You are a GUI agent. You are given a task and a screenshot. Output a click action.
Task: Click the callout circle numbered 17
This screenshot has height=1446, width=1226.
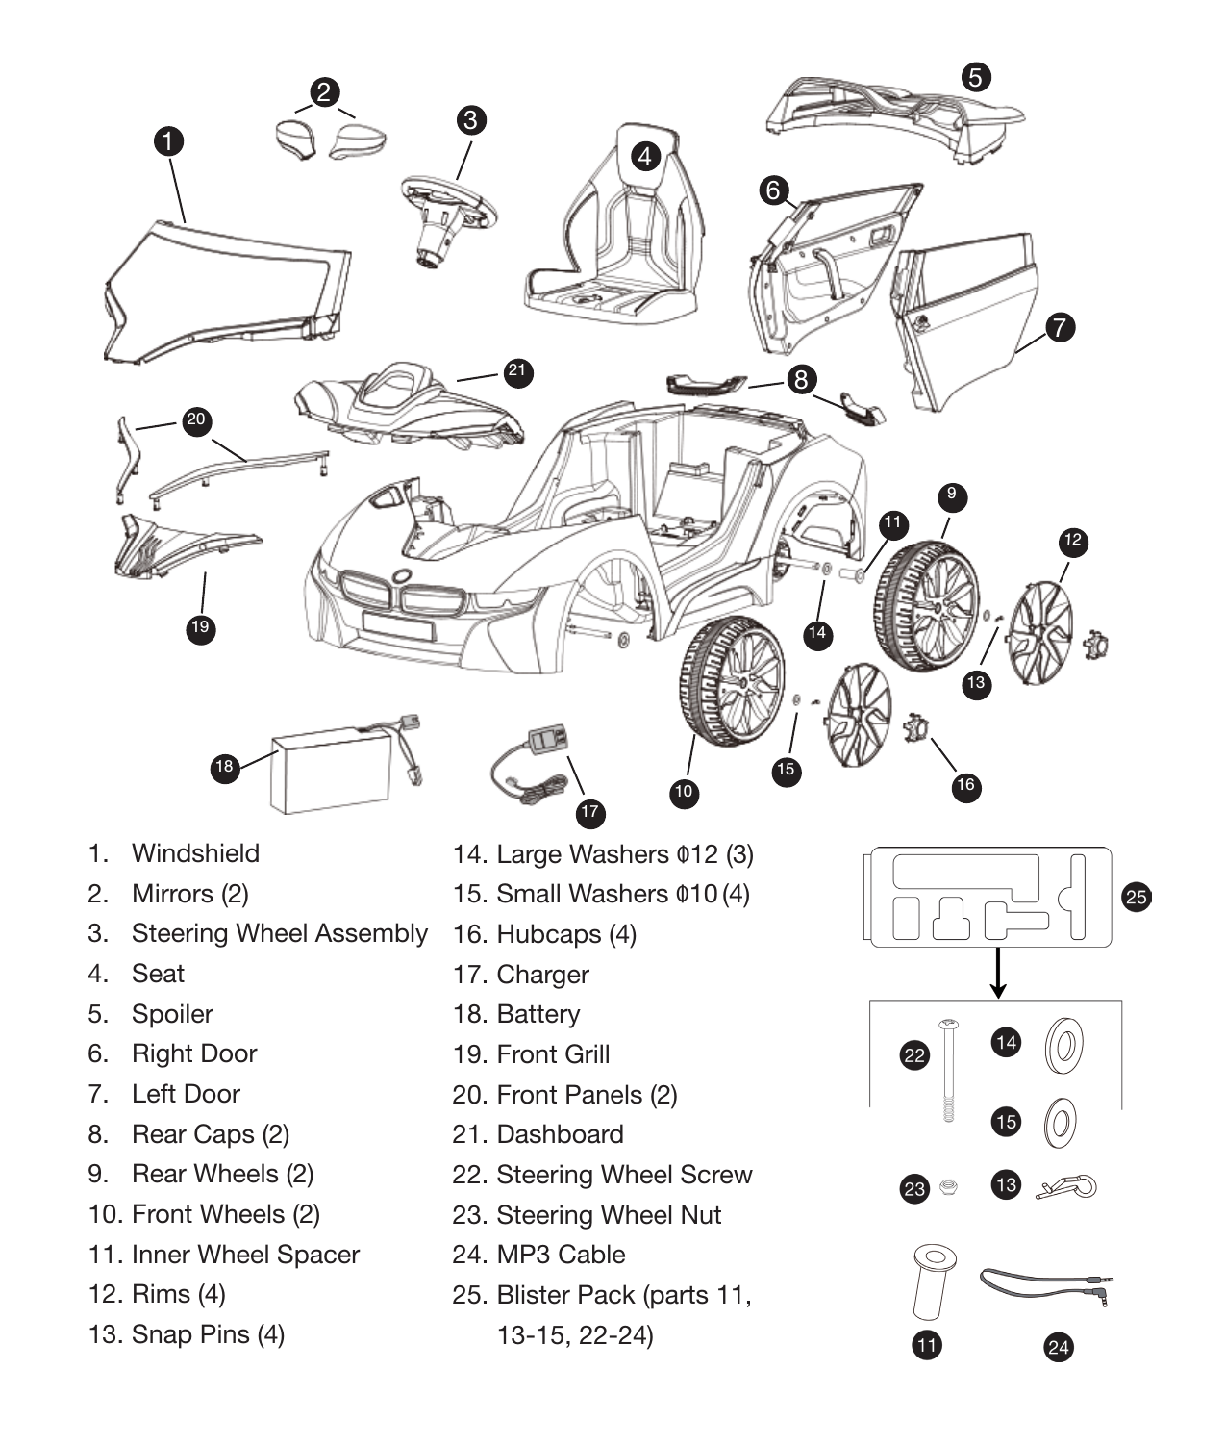pyautogui.click(x=589, y=812)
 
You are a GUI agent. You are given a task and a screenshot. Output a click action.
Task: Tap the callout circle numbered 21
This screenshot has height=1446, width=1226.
pyautogui.click(x=517, y=371)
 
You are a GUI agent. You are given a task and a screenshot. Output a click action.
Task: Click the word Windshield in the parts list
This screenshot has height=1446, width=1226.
pyautogui.click(x=195, y=853)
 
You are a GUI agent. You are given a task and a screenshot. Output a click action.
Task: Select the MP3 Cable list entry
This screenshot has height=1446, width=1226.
pyautogui.click(x=561, y=1255)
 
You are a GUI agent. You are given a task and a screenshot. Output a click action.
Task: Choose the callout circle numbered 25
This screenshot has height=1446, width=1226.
pyautogui.click(x=1136, y=897)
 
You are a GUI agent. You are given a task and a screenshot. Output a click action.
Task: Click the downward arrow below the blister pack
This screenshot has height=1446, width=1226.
pyautogui.click(x=998, y=974)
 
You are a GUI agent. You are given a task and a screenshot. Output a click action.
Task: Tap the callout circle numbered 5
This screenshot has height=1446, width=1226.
pyautogui.click(x=975, y=77)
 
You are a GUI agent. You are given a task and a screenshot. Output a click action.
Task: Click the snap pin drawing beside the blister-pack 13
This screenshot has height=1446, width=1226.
pyautogui.click(x=1067, y=1187)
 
